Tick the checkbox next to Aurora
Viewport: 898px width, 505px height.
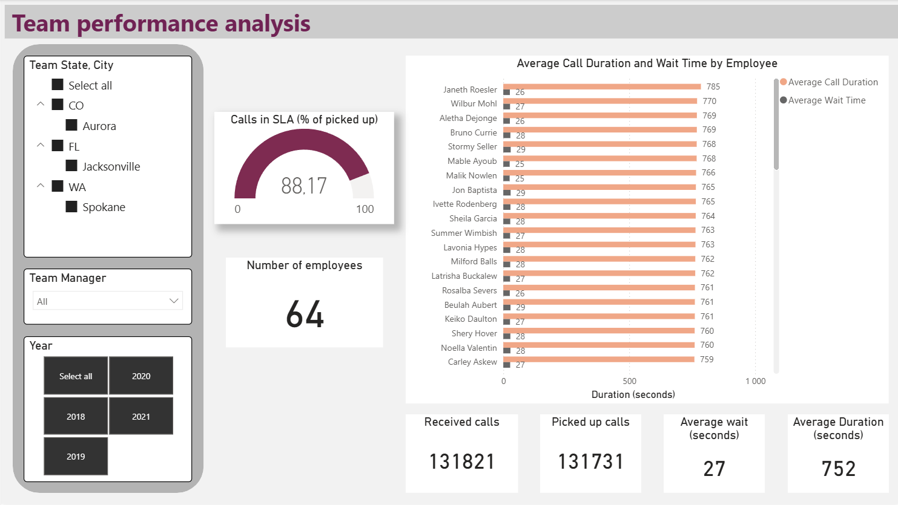pyautogui.click(x=71, y=125)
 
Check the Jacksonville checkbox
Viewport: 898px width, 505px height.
pyautogui.click(x=71, y=166)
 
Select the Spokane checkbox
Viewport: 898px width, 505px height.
pyautogui.click(x=71, y=207)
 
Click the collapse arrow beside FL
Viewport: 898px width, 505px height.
pyautogui.click(x=41, y=145)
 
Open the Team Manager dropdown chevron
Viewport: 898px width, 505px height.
pyautogui.click(x=174, y=301)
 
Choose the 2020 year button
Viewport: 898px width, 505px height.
pyautogui.click(x=141, y=376)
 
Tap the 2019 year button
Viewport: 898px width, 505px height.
pyautogui.click(x=76, y=456)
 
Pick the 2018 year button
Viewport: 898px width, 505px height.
pyautogui.click(x=76, y=416)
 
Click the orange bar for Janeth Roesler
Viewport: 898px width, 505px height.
pyautogui.click(x=602, y=86)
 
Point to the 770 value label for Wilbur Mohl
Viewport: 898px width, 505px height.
pyautogui.click(x=710, y=101)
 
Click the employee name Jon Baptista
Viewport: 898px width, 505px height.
pyautogui.click(x=474, y=190)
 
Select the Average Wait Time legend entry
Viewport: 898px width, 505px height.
pyautogui.click(x=827, y=100)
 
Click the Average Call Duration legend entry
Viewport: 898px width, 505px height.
pyautogui.click(x=833, y=82)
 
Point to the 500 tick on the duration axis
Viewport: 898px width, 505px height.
pyautogui.click(x=630, y=381)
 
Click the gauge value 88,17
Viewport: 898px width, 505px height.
pyautogui.click(x=304, y=186)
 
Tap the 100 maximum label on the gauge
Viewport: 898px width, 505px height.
pyautogui.click(x=365, y=209)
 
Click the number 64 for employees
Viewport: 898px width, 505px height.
pyautogui.click(x=305, y=314)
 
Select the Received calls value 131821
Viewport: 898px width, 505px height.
pyautogui.click(x=462, y=461)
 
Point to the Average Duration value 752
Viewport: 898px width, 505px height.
pyautogui.click(x=839, y=469)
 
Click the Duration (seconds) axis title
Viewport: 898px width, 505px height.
pyautogui.click(x=633, y=394)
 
